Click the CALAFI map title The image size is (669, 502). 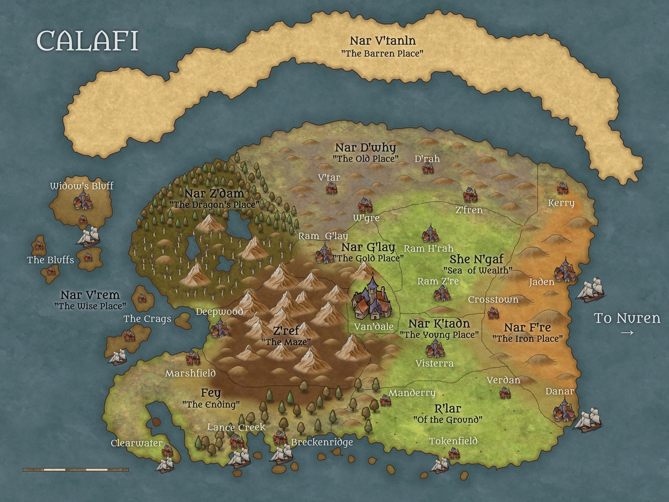point(87,41)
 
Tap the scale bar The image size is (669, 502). point(76,470)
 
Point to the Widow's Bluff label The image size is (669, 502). point(82,186)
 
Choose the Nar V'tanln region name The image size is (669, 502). point(383,41)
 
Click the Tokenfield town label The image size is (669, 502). point(453,441)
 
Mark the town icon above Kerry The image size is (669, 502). point(563,188)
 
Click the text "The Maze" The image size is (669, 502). point(286,342)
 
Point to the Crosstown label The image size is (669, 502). point(493,300)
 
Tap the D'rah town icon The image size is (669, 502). point(428,168)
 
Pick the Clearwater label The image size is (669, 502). point(137,443)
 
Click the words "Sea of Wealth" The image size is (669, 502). point(478,270)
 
